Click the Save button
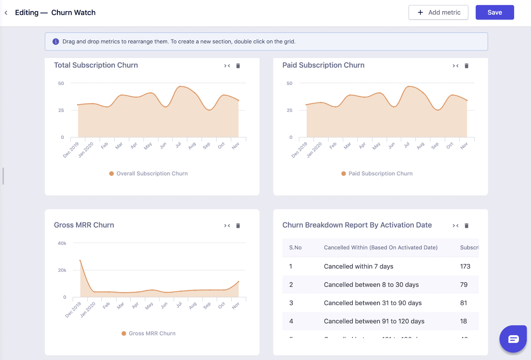494,12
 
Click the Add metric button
438,12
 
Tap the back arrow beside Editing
6,13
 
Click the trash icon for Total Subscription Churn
238,66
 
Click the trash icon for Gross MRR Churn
238,226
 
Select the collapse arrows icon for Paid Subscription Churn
455,66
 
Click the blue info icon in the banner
56,41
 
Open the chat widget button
513,339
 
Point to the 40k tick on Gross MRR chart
62,243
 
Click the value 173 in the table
465,266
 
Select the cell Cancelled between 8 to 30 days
371,285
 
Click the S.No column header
295,248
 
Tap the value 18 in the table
463,321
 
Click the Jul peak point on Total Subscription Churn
180,87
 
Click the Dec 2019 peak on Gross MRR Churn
80,261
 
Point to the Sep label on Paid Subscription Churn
435,145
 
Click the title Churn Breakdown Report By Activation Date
357,225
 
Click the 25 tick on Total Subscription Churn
61,110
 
